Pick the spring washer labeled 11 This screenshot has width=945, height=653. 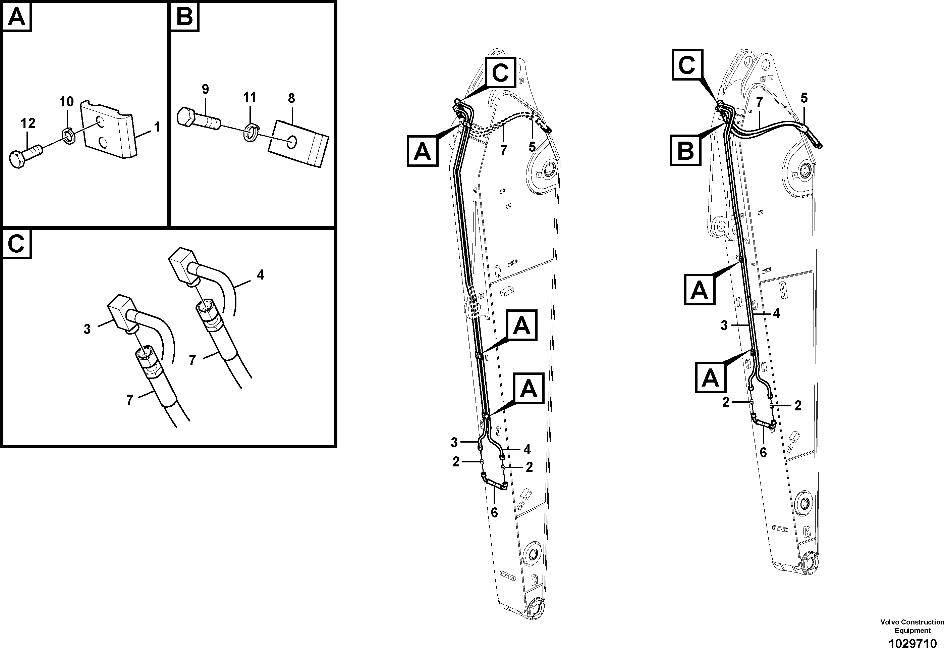[250, 133]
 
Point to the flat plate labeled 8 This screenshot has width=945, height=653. [298, 143]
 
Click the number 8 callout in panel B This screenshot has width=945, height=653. [291, 99]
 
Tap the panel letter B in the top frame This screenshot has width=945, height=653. [184, 17]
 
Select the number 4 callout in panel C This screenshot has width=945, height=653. [261, 275]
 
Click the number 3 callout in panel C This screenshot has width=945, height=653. [87, 329]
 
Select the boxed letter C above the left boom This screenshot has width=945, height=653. [500, 72]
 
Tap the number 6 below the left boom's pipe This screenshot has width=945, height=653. [494, 512]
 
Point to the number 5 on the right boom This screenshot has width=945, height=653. [804, 98]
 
